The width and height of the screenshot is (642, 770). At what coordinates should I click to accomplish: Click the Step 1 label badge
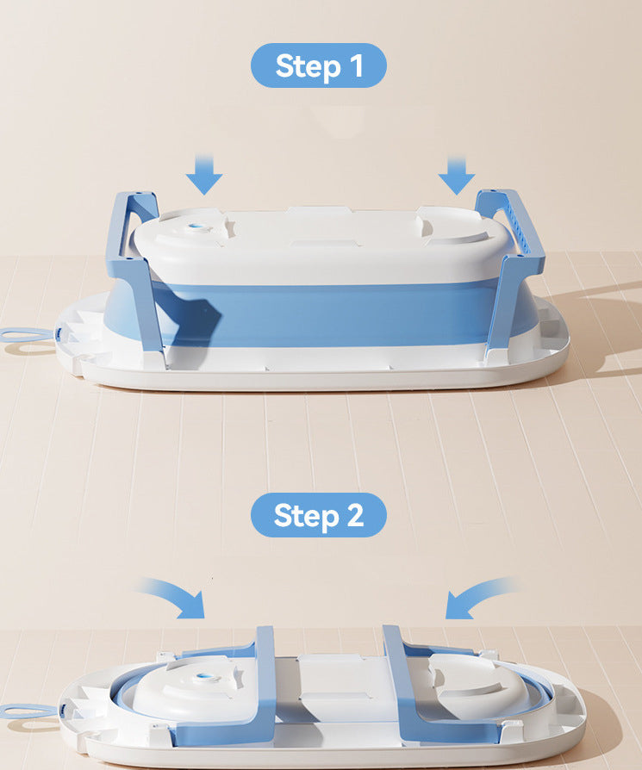319,65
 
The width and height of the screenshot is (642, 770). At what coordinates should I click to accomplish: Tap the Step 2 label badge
319,515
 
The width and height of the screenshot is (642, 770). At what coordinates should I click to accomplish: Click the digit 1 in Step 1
357,65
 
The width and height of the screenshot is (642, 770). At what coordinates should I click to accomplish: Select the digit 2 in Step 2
356,515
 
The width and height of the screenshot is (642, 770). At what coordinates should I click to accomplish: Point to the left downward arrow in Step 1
204,175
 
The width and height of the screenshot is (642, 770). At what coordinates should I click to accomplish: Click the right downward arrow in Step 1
457,176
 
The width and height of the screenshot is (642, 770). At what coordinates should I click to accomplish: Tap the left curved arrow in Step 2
176,598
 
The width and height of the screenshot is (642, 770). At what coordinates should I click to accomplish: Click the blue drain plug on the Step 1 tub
197,227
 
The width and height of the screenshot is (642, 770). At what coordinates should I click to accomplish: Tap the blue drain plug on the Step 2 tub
203,678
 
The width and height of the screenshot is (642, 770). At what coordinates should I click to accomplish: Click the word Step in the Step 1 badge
308,66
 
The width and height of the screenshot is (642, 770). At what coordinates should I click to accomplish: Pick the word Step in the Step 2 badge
307,516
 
